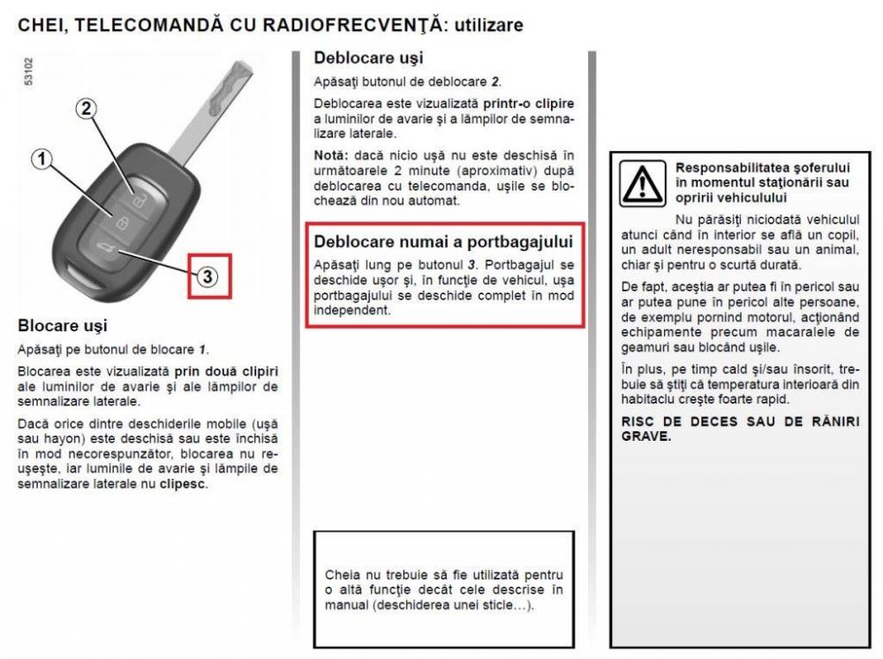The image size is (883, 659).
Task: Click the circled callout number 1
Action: (40, 161)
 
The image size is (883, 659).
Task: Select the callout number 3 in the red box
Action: (206, 276)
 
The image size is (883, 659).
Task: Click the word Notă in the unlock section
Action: (330, 155)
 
